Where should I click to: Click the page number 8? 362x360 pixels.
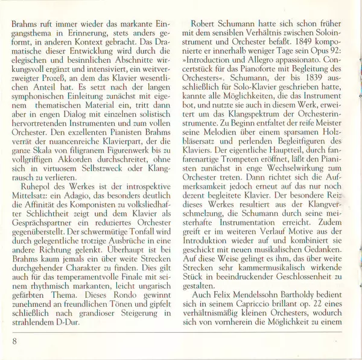click(x=13, y=341)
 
